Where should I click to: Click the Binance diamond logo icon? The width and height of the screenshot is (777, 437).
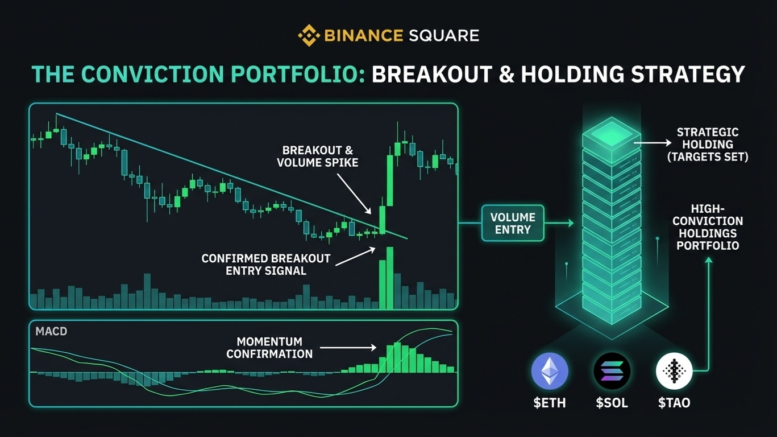309,35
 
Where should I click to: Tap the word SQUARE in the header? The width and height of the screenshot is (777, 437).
444,35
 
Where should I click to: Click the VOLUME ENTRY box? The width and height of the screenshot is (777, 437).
513,224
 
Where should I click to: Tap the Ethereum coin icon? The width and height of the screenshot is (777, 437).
550,371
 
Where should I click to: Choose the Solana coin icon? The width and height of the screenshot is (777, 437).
612,371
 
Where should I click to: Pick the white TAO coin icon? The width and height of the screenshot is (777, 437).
674,371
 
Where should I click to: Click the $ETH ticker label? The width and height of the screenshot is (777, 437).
550,403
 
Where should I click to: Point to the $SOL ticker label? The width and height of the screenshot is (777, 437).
612,403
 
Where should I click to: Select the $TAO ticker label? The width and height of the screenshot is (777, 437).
674,403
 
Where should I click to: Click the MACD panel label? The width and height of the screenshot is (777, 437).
51,331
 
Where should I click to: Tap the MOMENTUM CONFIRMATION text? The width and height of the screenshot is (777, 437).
269,348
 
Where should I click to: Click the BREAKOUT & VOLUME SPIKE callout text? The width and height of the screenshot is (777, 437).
317,156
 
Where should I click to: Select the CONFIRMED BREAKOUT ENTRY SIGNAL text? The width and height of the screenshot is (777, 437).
266,265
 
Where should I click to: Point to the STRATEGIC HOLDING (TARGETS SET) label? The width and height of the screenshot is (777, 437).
708,145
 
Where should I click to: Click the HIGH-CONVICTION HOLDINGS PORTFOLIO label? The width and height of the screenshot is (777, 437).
708,227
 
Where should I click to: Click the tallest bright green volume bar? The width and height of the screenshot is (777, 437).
390,278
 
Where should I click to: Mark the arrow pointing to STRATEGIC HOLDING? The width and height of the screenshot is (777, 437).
653,143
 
